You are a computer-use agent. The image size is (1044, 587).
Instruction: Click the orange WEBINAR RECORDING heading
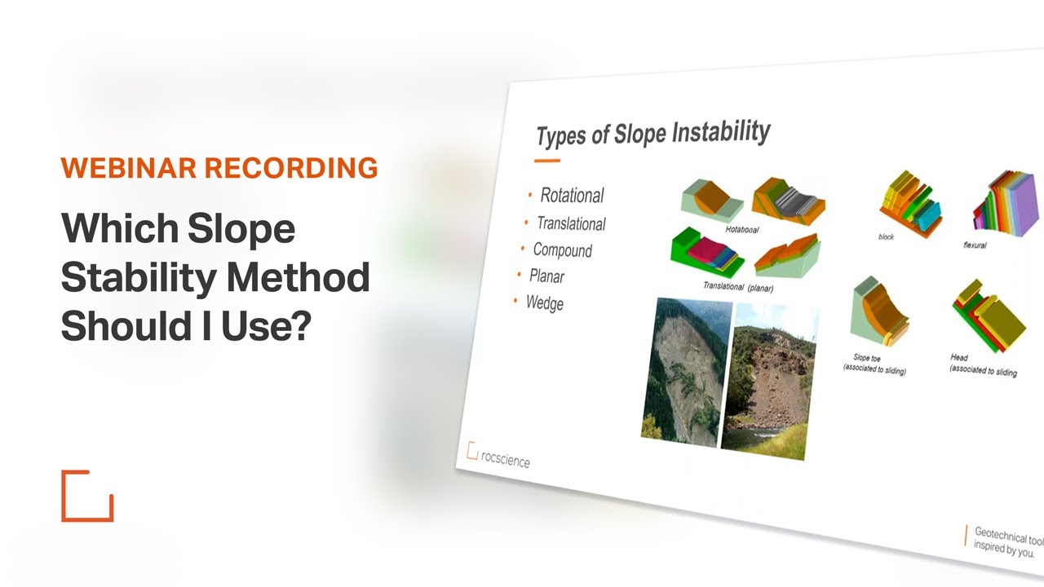click(219, 168)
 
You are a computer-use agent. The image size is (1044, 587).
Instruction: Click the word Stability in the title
click(139, 278)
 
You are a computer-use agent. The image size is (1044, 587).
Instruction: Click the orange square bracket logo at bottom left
click(87, 496)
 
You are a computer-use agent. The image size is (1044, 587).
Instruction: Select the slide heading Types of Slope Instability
click(652, 133)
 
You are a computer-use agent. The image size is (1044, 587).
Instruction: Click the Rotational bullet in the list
click(572, 196)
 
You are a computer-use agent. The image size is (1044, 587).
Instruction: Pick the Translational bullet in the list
click(571, 223)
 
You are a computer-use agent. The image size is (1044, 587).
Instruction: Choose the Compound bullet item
click(562, 250)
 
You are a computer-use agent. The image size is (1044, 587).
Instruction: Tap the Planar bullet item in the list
click(546, 276)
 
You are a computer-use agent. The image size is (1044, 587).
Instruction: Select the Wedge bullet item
click(544, 303)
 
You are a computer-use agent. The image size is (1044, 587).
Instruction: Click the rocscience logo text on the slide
click(505, 459)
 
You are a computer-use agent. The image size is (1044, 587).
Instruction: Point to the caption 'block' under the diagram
click(886, 236)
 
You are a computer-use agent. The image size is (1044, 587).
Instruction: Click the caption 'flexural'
click(974, 245)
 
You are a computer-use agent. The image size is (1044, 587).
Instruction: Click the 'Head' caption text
click(959, 357)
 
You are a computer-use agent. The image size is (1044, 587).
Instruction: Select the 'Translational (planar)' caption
click(738, 287)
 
